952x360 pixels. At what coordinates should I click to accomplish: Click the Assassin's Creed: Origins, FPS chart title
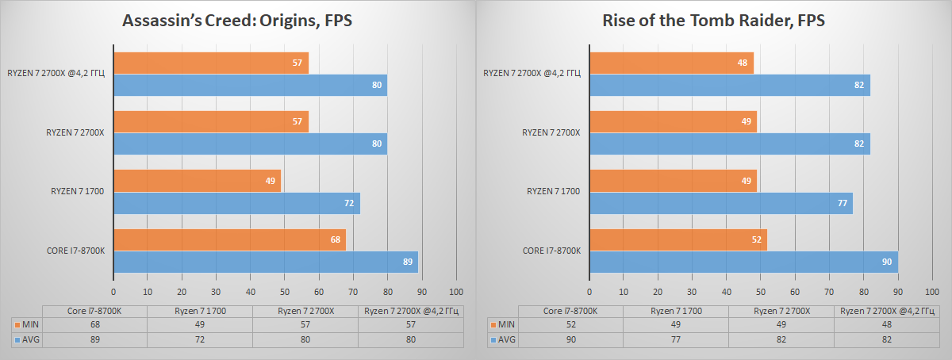coord(236,21)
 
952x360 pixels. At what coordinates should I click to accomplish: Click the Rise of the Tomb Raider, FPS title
coord(713,21)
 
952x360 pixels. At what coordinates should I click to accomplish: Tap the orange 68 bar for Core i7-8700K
coord(229,239)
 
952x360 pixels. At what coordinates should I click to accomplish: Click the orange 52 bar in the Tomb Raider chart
coord(678,239)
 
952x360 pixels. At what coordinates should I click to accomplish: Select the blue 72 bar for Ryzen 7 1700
coord(236,204)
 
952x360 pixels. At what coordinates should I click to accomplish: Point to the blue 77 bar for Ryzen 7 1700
coord(721,204)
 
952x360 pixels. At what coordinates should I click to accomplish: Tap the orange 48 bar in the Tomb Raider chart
coord(671,63)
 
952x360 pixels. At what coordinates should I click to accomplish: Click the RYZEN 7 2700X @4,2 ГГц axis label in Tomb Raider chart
coord(532,74)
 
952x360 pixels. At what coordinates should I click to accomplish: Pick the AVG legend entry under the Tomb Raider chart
coord(503,339)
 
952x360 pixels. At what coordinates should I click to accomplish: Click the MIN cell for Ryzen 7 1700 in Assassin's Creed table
coord(200,324)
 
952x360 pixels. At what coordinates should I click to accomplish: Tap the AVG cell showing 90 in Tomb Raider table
coord(570,339)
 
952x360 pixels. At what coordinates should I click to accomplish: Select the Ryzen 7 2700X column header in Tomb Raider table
coord(781,311)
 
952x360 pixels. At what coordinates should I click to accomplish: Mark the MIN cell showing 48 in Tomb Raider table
coord(886,324)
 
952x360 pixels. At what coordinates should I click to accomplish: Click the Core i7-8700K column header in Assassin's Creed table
coord(95,311)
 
